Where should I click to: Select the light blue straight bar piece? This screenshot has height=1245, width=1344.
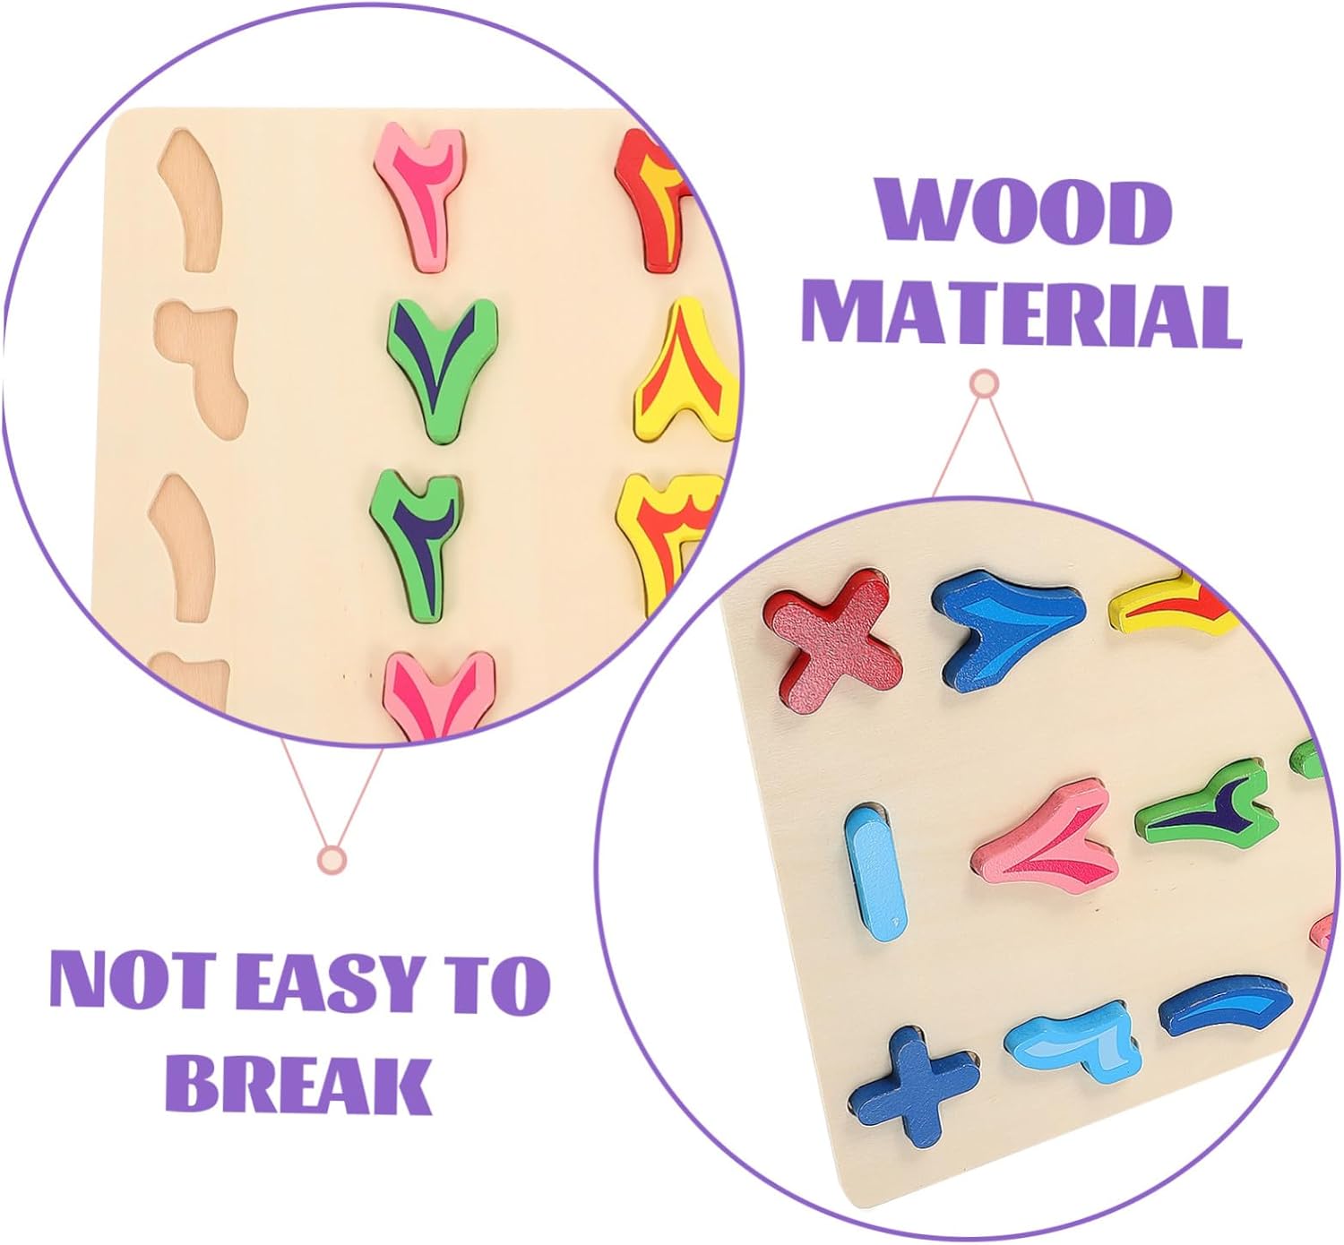click(x=875, y=866)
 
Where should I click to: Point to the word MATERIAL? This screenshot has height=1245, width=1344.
click(x=1021, y=315)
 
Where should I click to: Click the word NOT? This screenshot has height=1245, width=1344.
click(x=116, y=983)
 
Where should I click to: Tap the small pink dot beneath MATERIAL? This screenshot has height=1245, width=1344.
click(x=985, y=383)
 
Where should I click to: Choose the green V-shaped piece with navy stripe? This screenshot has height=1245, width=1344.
click(x=440, y=365)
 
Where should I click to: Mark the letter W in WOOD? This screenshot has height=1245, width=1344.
click(x=913, y=213)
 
